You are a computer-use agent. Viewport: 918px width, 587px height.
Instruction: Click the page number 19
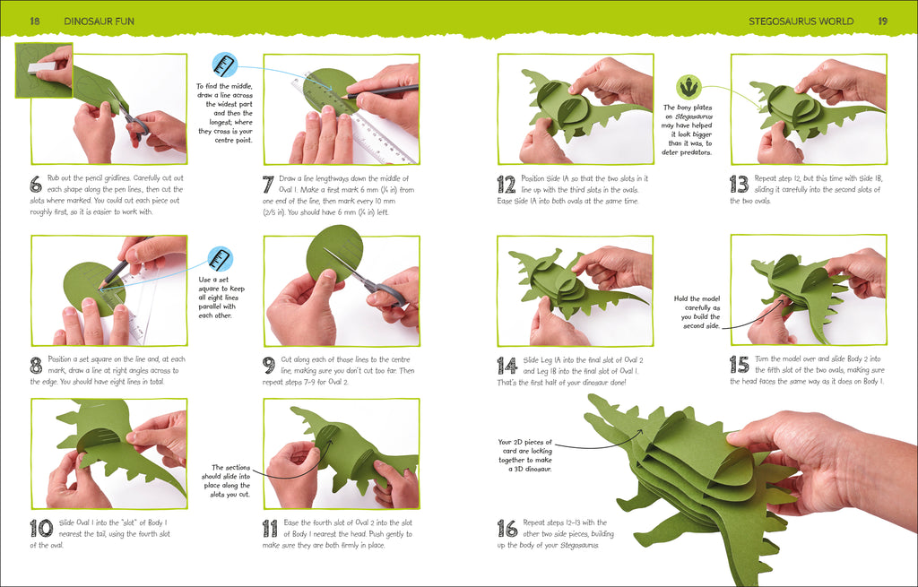[x=882, y=20]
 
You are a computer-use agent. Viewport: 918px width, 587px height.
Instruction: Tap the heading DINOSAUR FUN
[x=99, y=20]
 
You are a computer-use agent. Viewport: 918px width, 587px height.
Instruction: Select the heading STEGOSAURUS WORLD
[x=801, y=20]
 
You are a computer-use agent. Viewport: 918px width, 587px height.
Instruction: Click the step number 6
[x=36, y=184]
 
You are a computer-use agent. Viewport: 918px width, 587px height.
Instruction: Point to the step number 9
[x=268, y=365]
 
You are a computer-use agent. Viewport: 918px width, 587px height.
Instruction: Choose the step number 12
[x=506, y=184]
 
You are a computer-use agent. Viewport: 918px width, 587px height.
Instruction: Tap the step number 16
[x=507, y=528]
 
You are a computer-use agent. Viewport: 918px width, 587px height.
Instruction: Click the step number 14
[x=507, y=365]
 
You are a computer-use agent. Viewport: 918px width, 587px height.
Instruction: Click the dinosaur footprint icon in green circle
[x=688, y=87]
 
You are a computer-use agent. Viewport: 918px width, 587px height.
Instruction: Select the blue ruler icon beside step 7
[x=224, y=65]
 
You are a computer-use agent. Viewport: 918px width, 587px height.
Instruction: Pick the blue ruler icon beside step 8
[x=220, y=260]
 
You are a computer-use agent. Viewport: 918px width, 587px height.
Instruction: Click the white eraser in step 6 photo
[x=41, y=66]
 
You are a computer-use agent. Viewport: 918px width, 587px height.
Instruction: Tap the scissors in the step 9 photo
[x=368, y=279]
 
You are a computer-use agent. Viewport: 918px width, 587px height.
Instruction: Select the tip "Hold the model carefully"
[x=699, y=310]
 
